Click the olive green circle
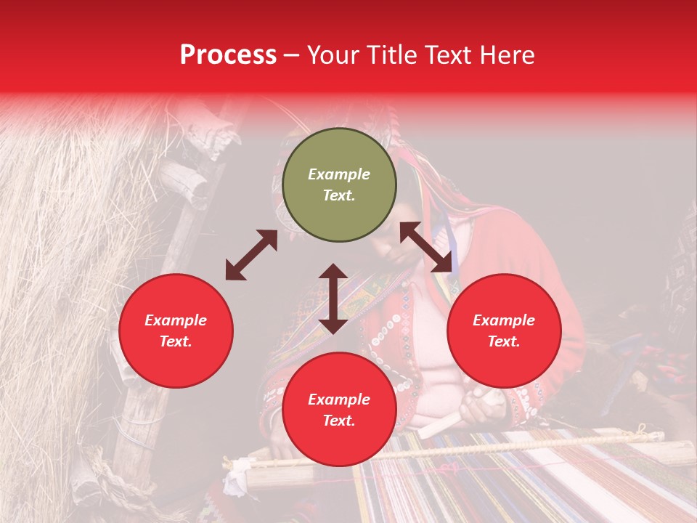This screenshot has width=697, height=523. pos(339,185)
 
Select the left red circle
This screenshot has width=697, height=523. pos(176,331)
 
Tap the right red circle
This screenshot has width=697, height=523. pos(504,331)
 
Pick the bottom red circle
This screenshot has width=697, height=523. pos(339,410)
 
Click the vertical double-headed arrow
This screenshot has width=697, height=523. pos(333,299)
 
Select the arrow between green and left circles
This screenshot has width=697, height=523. pos(251,255)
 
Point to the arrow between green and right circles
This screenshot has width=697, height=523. pos(425,247)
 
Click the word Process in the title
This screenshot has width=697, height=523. pos(228,55)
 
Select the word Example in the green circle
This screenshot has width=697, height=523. pos(339,174)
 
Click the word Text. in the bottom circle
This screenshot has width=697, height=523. pos(339,421)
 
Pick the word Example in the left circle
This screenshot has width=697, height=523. pos(176,320)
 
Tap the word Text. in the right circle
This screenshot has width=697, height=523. pos(504,341)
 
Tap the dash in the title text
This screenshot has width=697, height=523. pos(292,55)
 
